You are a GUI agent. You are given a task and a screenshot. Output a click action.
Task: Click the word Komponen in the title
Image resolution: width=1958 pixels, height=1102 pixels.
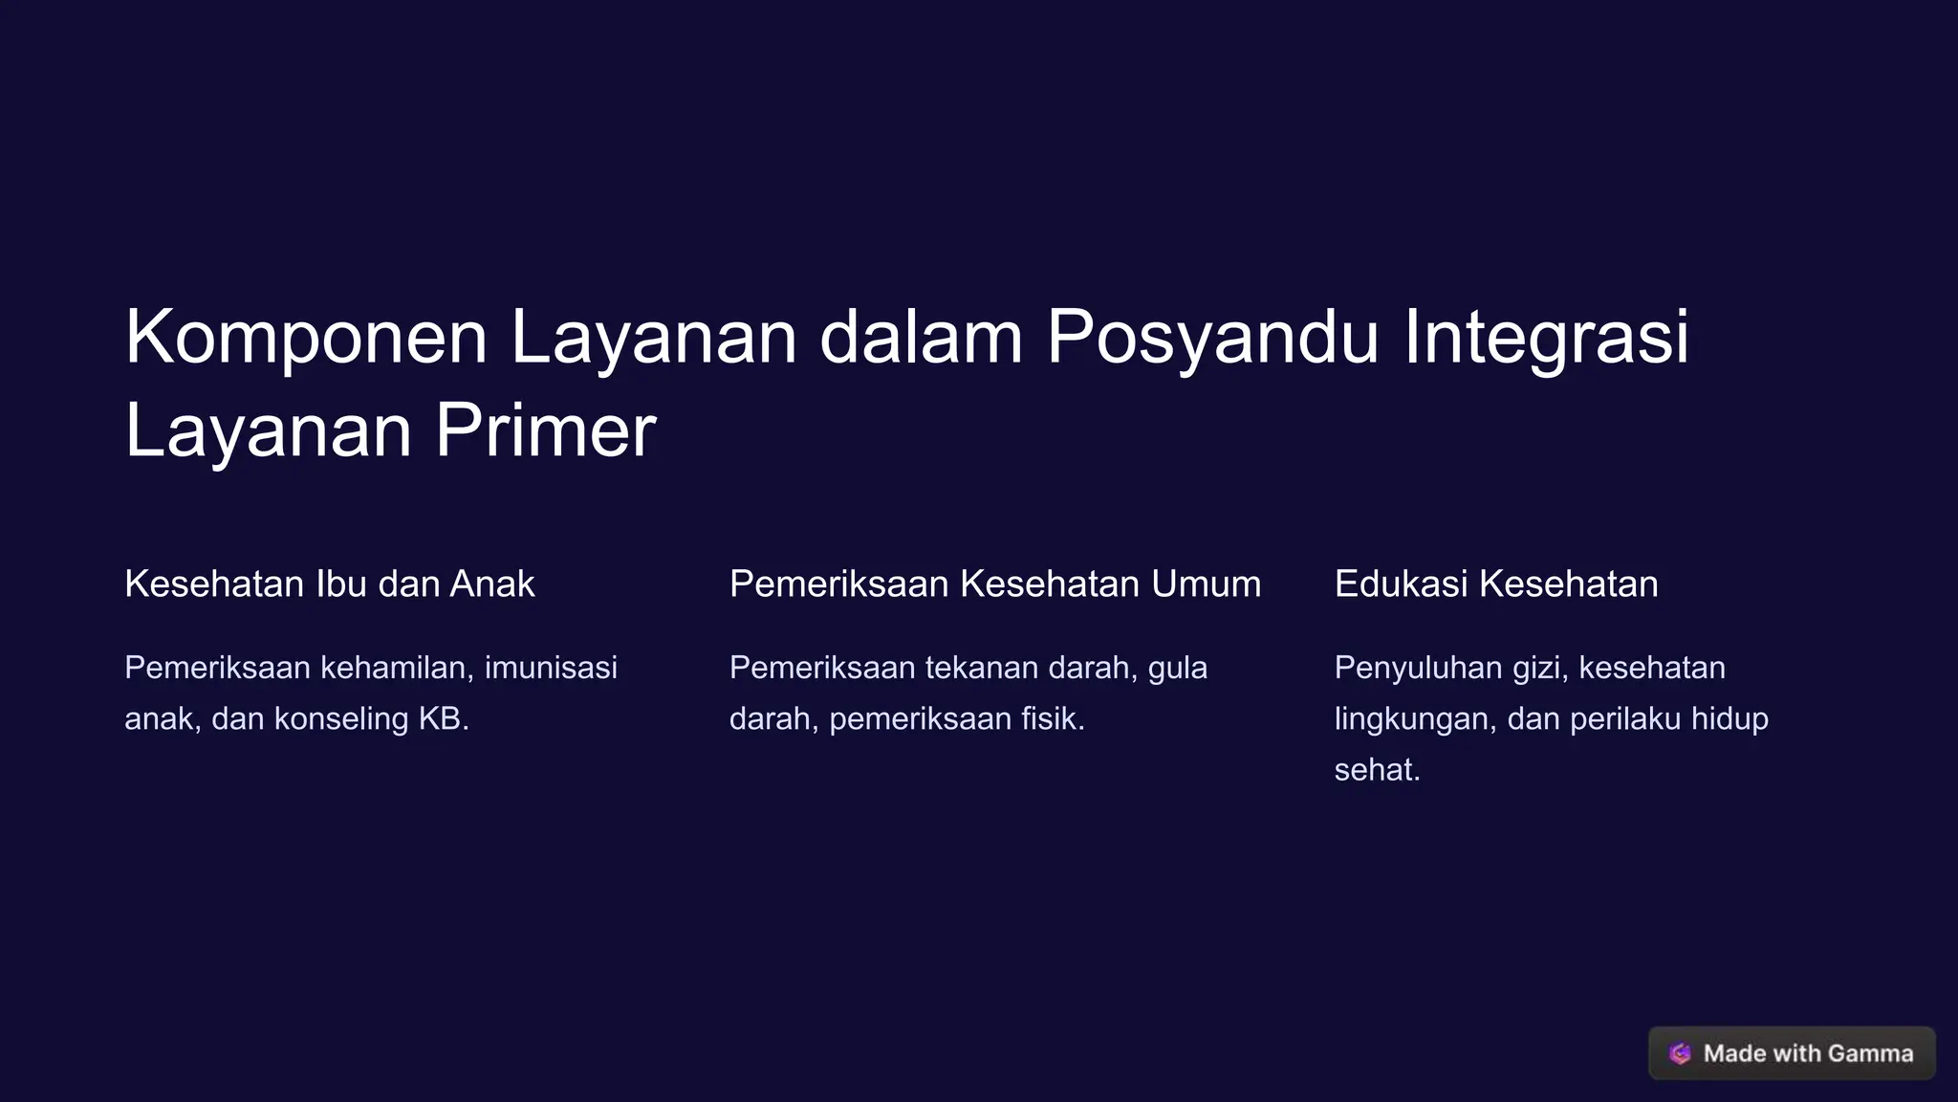[x=306, y=339]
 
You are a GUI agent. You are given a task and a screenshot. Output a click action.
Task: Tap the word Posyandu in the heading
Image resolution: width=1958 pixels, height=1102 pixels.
[x=1212, y=339]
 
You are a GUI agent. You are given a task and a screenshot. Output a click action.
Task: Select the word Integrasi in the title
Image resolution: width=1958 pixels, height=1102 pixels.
[x=1546, y=339]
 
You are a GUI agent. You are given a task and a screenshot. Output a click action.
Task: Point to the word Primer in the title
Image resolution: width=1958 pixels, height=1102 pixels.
[x=545, y=431]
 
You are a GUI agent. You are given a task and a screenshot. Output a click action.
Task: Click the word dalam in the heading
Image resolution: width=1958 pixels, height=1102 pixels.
[x=921, y=337]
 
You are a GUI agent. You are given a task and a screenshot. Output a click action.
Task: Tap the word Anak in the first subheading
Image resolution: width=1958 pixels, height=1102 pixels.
[x=492, y=584]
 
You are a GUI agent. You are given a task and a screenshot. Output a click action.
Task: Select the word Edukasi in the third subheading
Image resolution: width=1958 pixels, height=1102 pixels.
[x=1401, y=584]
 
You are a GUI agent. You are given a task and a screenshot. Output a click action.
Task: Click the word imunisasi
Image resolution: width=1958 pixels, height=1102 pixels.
[x=551, y=668]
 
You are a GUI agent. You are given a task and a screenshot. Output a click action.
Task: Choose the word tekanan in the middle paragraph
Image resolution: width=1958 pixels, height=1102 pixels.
[x=982, y=668]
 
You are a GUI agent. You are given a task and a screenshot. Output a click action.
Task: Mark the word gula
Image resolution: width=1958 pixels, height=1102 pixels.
[x=1178, y=668]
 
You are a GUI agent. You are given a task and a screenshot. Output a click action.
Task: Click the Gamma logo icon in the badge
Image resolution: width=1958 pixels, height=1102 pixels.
[x=1680, y=1053]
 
